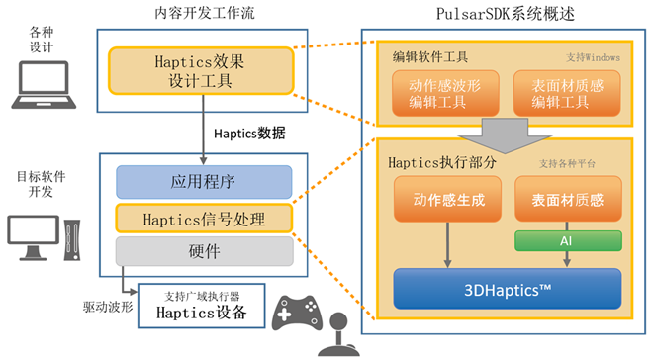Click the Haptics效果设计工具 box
tap(201, 71)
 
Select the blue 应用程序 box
tap(204, 182)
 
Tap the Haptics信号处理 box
tap(204, 219)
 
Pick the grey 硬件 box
tap(204, 251)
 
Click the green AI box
tap(568, 241)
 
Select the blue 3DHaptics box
tap(508, 289)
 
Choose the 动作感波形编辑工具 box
tap(445, 93)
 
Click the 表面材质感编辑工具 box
tap(567, 93)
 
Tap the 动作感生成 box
tap(447, 199)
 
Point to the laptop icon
tap(44, 85)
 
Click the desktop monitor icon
tap(34, 237)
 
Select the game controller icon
tap(297, 313)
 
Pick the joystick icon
tap(339, 334)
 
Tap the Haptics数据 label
tap(249, 134)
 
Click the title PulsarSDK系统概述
tap(506, 14)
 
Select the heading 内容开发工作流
tap(205, 13)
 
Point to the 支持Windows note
tap(593, 57)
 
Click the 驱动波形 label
tap(108, 307)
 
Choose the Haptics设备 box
tap(202, 306)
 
